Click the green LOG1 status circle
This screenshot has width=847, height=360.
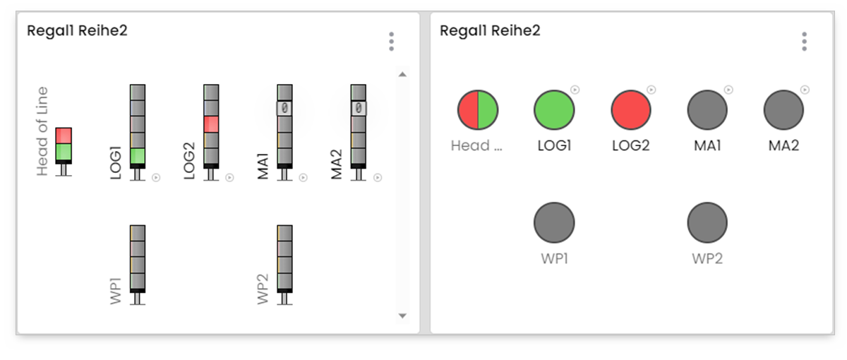[554, 110]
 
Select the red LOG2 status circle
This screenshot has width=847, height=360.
[630, 110]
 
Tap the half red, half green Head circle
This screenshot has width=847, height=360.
[478, 110]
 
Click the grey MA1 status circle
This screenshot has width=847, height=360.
[707, 110]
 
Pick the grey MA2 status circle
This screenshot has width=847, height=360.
[783, 110]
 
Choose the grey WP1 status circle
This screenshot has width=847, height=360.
[554, 222]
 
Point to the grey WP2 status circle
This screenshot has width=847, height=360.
[707, 222]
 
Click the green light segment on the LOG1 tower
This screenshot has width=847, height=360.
[138, 155]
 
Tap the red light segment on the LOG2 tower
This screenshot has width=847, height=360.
[211, 124]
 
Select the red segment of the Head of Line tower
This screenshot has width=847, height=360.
[64, 136]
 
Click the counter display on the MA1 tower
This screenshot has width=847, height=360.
[284, 108]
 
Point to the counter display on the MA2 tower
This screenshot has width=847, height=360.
[359, 108]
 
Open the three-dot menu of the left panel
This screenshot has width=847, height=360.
[391, 42]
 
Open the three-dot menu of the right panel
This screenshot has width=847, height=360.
[804, 42]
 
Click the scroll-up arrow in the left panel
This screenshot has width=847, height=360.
[402, 74]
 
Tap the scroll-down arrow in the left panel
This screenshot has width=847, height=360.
[402, 316]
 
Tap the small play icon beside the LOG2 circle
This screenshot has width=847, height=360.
[651, 90]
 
